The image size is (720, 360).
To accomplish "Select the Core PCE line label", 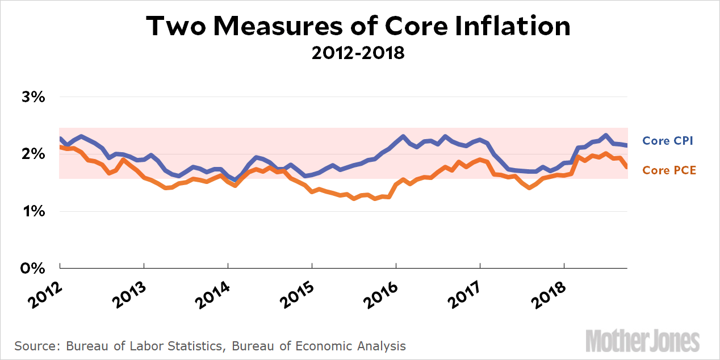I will (x=669, y=170).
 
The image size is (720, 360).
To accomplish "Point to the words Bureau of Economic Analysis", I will (x=333, y=346).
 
